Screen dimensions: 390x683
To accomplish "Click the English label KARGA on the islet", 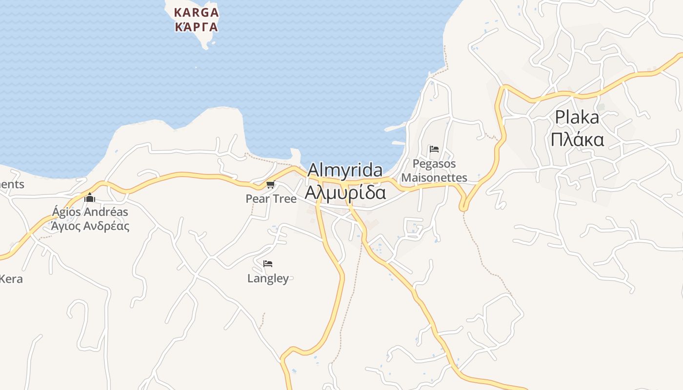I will click(197, 12).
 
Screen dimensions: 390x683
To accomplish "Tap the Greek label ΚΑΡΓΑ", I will click(197, 27).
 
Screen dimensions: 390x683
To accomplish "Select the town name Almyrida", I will click(345, 171).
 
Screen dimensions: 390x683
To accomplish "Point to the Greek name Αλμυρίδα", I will click(345, 192).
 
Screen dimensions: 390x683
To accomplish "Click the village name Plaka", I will click(577, 117).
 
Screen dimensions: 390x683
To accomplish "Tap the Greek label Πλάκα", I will click(577, 139).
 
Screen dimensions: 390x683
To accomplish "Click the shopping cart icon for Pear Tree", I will click(271, 185).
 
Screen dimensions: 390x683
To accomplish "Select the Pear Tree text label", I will click(271, 199).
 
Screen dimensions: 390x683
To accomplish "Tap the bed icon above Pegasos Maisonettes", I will click(434, 149).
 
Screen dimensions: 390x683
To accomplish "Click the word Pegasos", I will click(434, 164).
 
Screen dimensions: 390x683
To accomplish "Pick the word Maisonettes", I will click(434, 178).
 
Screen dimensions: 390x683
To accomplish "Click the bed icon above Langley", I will click(268, 264).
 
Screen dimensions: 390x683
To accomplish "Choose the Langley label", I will click(268, 278).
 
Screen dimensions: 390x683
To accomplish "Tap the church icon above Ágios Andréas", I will click(90, 198).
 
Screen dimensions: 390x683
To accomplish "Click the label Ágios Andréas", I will click(90, 212).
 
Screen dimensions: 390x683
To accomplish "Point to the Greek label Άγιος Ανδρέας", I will click(90, 226).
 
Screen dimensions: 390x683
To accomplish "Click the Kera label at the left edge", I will click(11, 279).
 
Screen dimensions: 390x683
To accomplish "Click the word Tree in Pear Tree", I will click(284, 199).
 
